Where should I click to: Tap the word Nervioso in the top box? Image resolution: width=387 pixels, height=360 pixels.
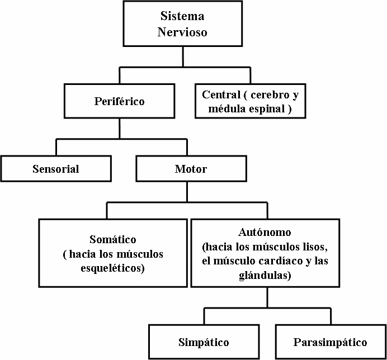[x=182, y=32]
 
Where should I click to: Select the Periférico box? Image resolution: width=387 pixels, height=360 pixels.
[x=119, y=101]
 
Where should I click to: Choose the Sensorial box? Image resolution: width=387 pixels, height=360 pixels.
[x=56, y=169]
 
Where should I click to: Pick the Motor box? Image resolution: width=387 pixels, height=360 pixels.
[x=191, y=169]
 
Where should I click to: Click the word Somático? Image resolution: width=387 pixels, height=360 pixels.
[x=112, y=240]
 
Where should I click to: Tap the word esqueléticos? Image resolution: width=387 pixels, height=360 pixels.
[x=112, y=268]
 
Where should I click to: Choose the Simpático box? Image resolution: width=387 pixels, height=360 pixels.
[x=204, y=342]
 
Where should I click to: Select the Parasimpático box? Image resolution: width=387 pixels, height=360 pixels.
[x=330, y=342]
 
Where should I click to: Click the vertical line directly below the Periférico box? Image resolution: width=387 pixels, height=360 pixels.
[x=119, y=128]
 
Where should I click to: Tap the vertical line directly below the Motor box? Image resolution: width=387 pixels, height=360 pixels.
[x=191, y=192]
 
